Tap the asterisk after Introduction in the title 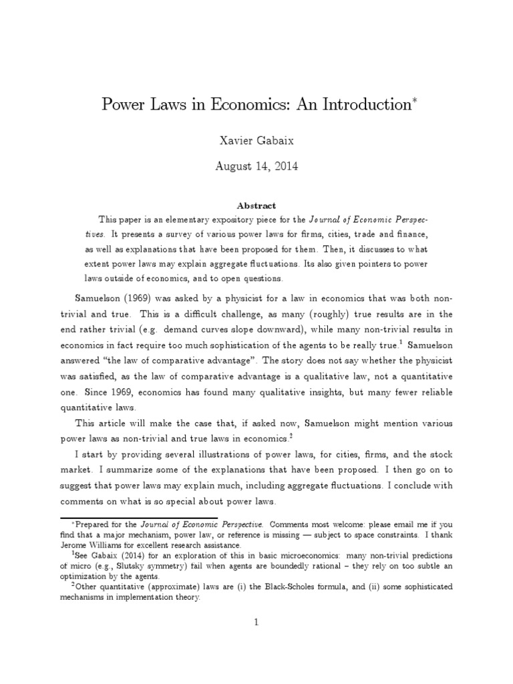coord(409,101)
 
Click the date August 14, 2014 coord(257,166)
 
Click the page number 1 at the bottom coord(256,622)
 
